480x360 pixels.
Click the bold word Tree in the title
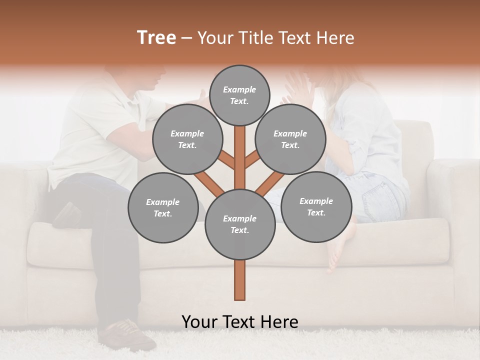pos(156,38)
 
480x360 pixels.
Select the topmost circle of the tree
pos(239,95)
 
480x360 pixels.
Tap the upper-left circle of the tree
pos(187,139)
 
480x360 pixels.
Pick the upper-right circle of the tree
pos(290,139)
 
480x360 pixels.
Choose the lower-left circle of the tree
pos(163,207)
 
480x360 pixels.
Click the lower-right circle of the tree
pos(316,206)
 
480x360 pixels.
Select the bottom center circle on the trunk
pos(240,224)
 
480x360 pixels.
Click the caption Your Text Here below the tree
pos(240,322)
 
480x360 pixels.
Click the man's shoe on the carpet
pos(131,334)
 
